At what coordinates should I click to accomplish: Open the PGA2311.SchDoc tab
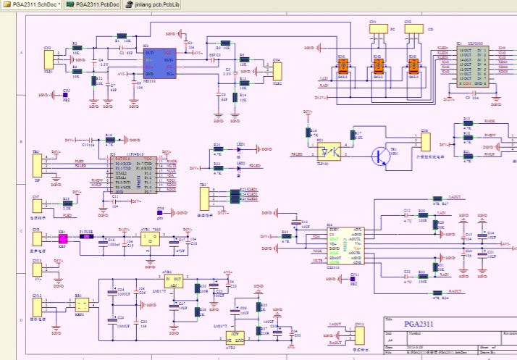(32, 4)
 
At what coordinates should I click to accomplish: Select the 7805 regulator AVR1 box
(150, 238)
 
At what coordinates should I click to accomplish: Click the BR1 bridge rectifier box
(81, 304)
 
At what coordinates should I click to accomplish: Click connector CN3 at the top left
(48, 59)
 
